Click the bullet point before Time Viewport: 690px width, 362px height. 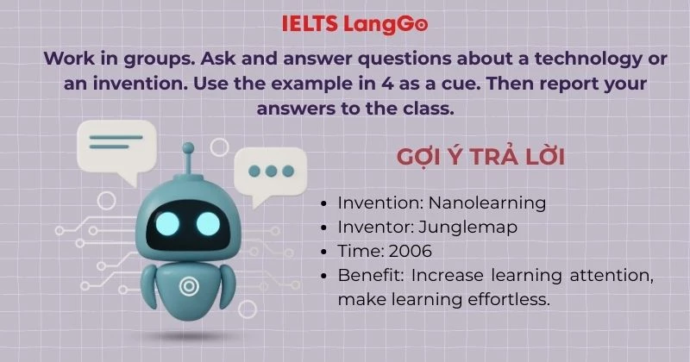(x=323, y=252)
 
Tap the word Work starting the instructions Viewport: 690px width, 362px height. (x=68, y=59)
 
